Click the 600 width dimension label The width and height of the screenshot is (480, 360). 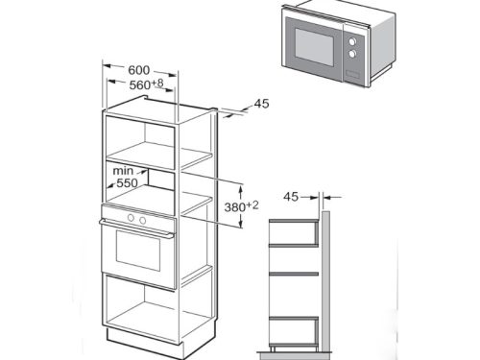[139, 69]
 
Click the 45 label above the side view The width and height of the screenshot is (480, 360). [291, 196]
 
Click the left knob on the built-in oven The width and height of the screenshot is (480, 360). [127, 219]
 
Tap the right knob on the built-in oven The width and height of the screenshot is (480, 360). [142, 219]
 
